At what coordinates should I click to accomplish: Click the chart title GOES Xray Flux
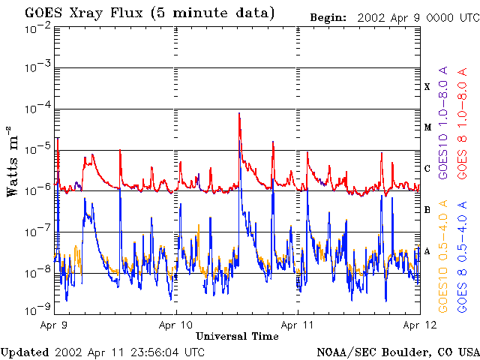85,13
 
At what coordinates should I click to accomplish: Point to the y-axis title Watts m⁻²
13,161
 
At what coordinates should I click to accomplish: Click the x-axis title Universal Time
237,336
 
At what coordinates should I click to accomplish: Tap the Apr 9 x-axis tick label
54,325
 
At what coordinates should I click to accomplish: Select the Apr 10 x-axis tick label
175,325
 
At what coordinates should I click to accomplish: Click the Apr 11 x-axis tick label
297,325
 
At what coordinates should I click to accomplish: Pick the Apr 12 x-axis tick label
419,325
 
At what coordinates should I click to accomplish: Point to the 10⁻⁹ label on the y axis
37,310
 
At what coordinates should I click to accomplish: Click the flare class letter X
427,87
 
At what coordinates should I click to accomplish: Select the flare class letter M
427,127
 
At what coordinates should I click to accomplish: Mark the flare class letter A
427,251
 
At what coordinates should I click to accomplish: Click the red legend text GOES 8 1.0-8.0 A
462,123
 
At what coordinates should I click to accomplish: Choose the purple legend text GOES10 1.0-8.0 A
442,122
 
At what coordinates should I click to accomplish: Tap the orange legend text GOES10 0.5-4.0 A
442,256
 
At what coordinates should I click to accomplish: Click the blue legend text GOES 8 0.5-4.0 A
462,256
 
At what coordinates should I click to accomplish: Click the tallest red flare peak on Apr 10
239,113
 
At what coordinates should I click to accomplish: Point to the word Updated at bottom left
24,352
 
